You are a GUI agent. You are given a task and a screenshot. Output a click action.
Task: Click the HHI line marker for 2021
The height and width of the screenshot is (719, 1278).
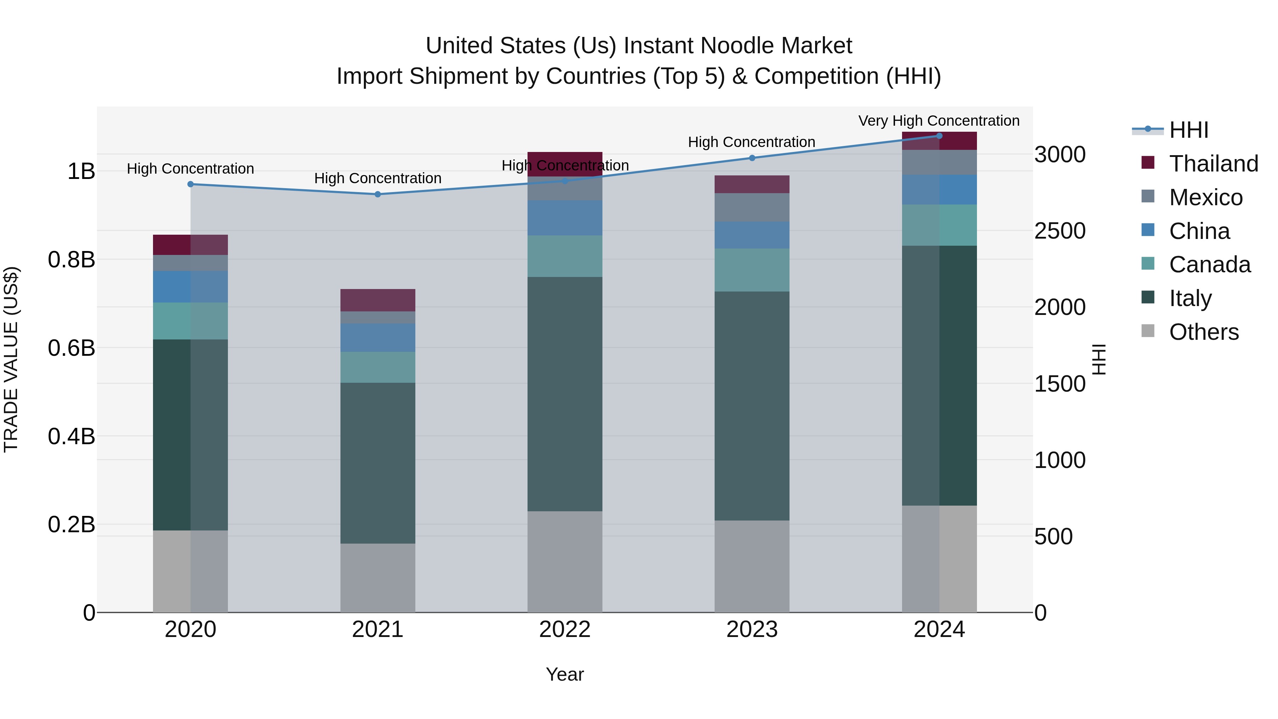378,194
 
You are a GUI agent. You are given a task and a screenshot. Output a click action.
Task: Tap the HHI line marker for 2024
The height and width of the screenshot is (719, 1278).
939,136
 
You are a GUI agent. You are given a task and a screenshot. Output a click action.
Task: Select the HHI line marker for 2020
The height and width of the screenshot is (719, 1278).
191,184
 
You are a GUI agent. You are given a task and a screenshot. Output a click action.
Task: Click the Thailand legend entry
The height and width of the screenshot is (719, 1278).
1213,164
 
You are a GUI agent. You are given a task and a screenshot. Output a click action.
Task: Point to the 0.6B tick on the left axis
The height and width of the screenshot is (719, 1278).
71,348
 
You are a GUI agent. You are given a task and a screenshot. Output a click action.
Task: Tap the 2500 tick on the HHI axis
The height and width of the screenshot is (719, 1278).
1060,231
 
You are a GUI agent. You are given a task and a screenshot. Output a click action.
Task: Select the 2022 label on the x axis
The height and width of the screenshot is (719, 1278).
564,630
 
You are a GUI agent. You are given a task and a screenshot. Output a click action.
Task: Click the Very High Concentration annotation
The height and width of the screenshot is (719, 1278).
939,121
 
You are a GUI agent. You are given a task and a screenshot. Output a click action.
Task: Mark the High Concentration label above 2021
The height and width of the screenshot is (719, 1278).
378,178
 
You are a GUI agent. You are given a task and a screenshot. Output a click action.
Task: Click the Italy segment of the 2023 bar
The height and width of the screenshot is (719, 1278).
752,406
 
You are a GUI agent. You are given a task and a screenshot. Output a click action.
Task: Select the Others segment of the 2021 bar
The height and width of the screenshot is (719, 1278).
378,578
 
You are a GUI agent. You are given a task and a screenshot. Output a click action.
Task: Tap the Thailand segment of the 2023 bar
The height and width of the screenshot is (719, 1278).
752,184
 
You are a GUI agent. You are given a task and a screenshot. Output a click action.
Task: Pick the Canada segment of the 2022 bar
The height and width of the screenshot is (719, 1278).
564,256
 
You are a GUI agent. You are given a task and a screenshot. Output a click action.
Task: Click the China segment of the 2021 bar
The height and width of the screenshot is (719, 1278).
378,337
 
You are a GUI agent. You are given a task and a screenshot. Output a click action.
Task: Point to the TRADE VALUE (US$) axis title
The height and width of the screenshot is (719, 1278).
11,359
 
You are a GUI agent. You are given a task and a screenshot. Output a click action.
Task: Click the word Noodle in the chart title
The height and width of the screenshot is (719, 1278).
733,46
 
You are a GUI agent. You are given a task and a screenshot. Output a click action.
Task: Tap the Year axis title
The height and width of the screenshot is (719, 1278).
564,674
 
